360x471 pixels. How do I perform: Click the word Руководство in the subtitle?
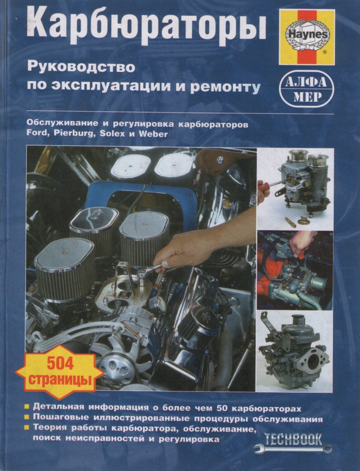tap(80, 67)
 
